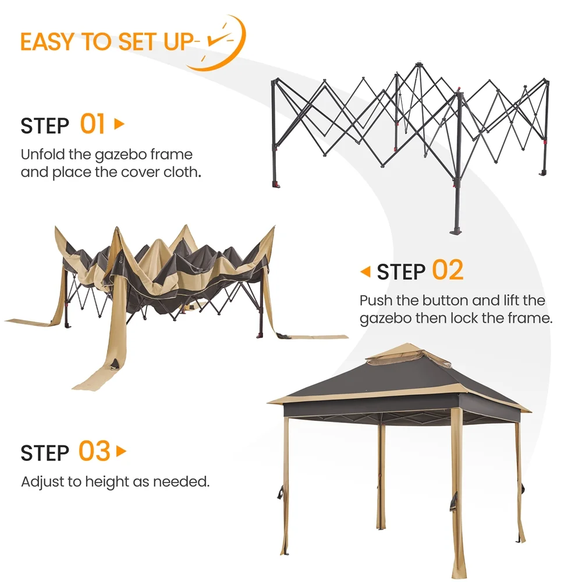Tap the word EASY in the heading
tap(48, 41)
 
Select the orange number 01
tap(93, 124)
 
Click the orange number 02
tap(448, 270)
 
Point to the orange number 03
tap(94, 451)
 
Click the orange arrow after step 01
tap(119, 123)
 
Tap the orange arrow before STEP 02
tap(365, 271)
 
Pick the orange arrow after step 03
tap(121, 452)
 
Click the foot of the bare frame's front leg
tap(456, 231)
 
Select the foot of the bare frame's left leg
tap(276, 184)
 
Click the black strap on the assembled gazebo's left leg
tap(281, 492)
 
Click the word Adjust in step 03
tap(42, 482)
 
